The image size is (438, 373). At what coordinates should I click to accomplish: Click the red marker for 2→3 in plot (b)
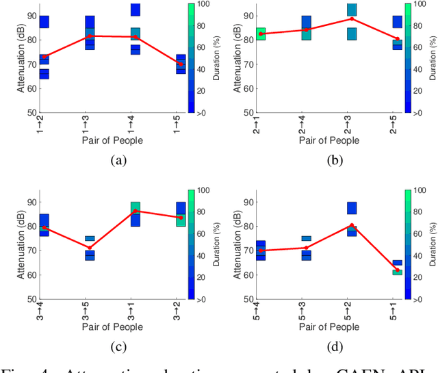(352, 18)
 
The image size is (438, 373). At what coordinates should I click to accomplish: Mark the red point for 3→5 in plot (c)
(90, 248)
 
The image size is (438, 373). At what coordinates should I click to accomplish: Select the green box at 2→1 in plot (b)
(261, 34)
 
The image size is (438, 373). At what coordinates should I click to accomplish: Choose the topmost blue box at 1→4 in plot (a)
(136, 10)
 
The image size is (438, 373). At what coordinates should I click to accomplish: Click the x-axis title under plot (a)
(109, 140)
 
